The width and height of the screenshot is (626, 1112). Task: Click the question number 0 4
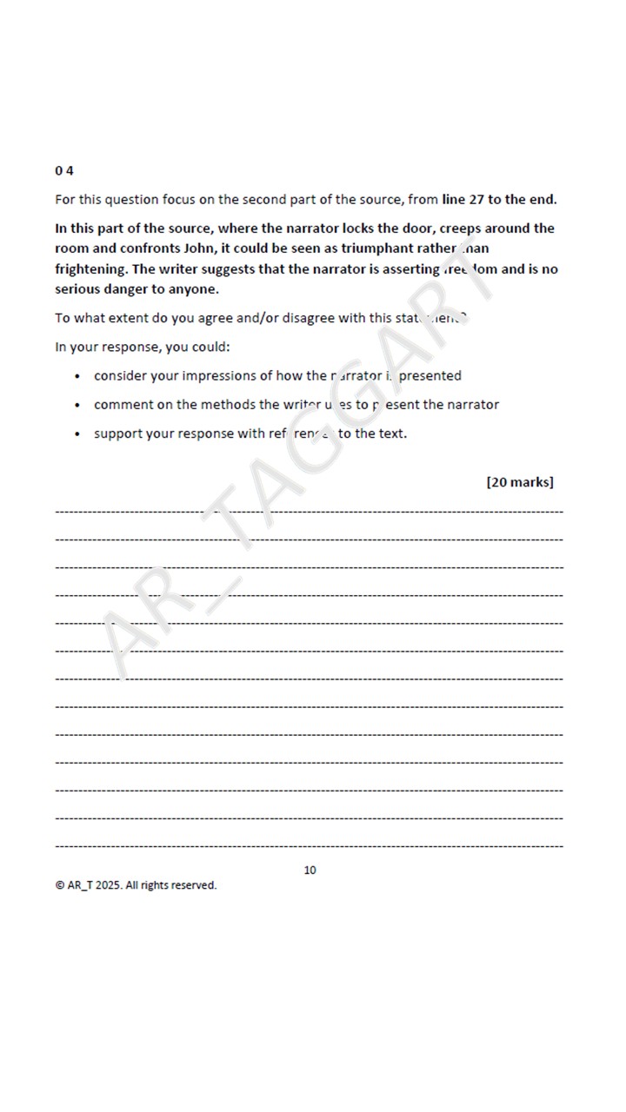coord(63,170)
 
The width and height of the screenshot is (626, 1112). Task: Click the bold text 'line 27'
coord(462,200)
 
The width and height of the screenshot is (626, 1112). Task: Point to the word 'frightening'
coord(90,269)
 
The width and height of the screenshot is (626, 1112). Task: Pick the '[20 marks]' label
coord(519,482)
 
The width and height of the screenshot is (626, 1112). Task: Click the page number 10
coord(310,870)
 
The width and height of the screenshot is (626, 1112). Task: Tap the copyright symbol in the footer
coord(59,885)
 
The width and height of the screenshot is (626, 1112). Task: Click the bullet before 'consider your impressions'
coord(77,376)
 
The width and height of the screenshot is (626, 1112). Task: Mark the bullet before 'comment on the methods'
coord(77,405)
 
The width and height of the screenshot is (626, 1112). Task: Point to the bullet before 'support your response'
coord(77,434)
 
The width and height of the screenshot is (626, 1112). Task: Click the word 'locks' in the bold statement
coord(352,228)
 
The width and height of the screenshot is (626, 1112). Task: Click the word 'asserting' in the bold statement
coord(410,269)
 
